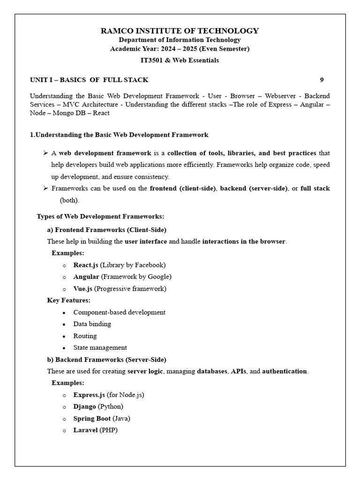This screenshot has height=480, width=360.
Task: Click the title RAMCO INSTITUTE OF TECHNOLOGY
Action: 180,31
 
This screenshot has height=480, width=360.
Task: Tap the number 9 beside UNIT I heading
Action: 322,80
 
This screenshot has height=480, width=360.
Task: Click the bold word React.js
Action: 86,265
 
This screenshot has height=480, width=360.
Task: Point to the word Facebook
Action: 149,265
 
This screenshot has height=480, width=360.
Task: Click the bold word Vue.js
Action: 83,289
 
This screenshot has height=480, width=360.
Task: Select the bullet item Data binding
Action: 92,324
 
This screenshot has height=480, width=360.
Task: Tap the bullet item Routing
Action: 85,336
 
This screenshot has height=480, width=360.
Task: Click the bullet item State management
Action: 100,347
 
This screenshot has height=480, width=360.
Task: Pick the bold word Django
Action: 85,406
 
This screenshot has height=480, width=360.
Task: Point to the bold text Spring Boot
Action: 92,418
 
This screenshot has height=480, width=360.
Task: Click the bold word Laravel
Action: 85,430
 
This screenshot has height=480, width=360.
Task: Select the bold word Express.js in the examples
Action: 89,395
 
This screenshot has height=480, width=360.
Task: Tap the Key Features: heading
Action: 69,300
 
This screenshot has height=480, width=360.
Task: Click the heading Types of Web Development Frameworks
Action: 100,217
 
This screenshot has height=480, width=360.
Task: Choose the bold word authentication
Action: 285,371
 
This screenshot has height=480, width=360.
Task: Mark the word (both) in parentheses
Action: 69,200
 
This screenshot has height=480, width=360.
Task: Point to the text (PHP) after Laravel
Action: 108,430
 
